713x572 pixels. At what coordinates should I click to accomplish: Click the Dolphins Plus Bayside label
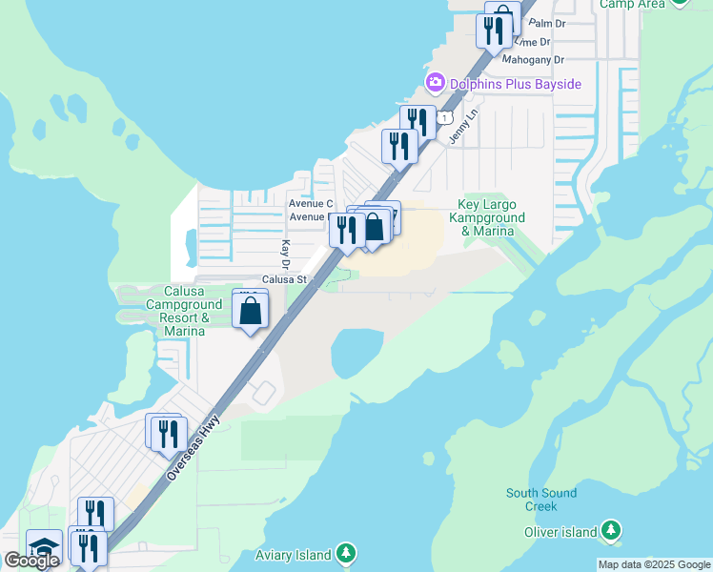[x=515, y=84]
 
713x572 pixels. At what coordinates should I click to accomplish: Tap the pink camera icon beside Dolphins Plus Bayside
[x=436, y=83]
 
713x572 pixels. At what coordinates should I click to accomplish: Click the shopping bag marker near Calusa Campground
[x=250, y=312]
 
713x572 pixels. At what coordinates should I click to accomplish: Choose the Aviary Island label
[x=294, y=555]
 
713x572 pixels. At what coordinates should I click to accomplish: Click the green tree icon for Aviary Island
[x=346, y=553]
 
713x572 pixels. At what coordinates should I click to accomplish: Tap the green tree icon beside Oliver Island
[x=611, y=530]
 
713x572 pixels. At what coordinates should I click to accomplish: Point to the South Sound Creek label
[x=540, y=500]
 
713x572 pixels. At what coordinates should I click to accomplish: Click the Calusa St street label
[x=284, y=280]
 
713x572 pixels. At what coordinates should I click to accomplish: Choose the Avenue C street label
[x=311, y=203]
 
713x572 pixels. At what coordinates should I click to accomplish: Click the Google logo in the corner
[x=32, y=561]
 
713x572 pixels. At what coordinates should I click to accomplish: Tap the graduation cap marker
[x=44, y=546]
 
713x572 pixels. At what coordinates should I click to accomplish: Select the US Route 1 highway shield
[x=445, y=116]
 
